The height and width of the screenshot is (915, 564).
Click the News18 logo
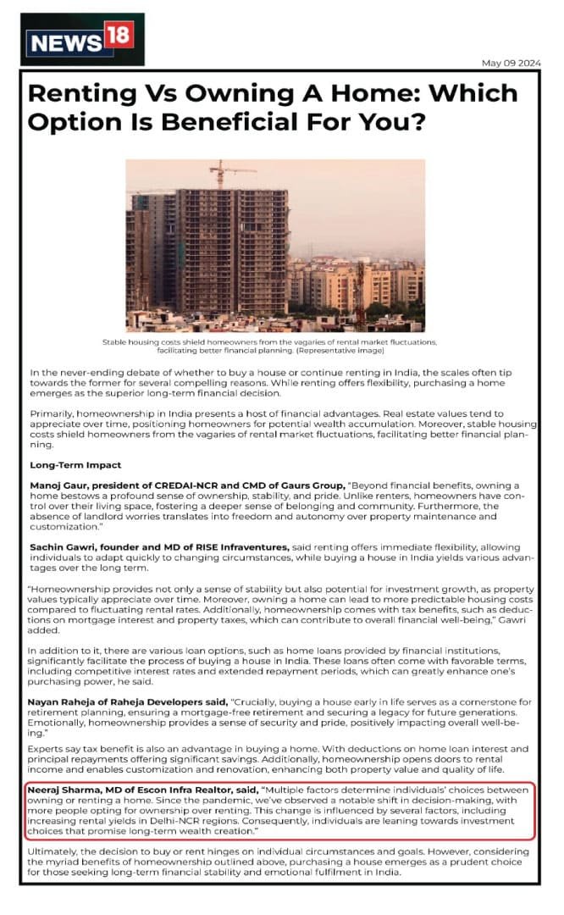(x=82, y=40)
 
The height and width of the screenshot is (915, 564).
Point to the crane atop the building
(x=223, y=172)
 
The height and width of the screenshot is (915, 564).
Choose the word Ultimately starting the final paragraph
(x=57, y=850)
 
